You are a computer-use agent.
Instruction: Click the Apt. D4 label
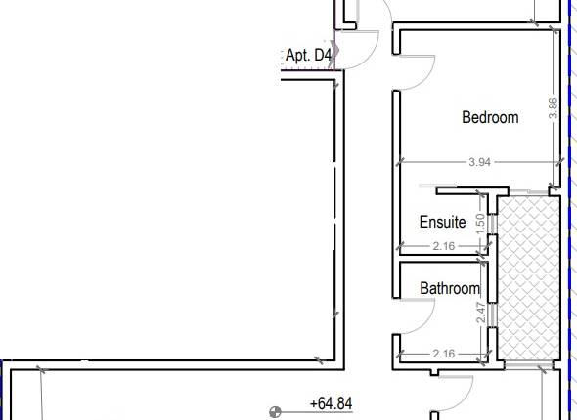coord(307,56)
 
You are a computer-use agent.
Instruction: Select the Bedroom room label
coord(490,117)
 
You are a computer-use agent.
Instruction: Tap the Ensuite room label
coord(442,223)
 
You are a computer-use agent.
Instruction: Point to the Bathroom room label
coord(450,288)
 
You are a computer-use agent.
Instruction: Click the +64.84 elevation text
coord(330,402)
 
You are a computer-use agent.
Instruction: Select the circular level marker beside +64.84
coord(277,411)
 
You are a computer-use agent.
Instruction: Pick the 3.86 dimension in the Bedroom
coord(554,107)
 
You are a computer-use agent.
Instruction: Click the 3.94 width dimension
coord(478,162)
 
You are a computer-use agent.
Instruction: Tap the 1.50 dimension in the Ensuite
coord(479,223)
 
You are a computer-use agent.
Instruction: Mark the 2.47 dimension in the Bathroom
coord(479,314)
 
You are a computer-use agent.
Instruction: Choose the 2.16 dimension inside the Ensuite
coord(443,246)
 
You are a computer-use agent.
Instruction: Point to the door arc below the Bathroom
coord(455,391)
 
